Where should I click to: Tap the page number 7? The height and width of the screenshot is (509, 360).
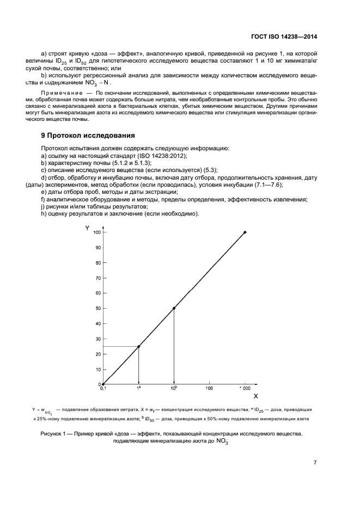[x=315, y=463]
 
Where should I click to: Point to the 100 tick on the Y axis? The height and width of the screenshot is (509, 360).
[x=97, y=232]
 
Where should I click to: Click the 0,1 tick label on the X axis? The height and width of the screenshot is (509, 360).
[x=102, y=389]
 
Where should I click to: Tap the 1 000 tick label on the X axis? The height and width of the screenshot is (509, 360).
[x=245, y=389]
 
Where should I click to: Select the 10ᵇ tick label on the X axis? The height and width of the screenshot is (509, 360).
[x=174, y=389]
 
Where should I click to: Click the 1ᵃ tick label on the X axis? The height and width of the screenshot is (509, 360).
[x=139, y=389]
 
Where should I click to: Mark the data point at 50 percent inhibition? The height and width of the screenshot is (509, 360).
[x=174, y=308]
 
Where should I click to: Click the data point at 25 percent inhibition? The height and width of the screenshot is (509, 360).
[x=138, y=346]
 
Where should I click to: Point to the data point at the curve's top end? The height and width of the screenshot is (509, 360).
[x=245, y=232]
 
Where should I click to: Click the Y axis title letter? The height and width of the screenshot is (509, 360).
[x=87, y=228]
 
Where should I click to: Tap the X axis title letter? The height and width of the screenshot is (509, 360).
[x=255, y=396]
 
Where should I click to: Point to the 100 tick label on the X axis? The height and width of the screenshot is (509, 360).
[x=209, y=389]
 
